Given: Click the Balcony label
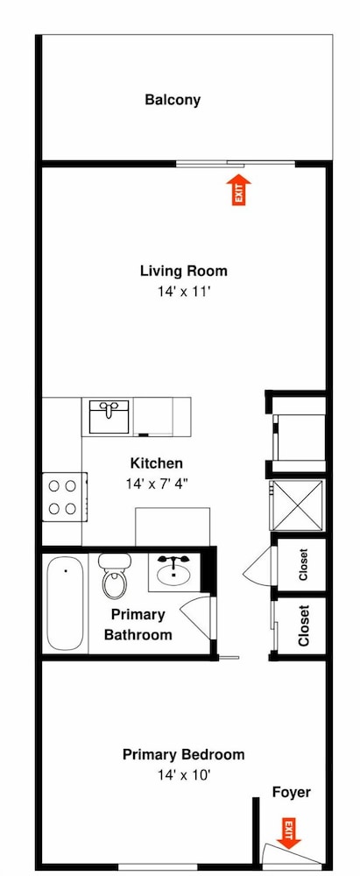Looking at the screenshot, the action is (173, 100).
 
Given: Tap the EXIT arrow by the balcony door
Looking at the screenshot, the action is (239, 190).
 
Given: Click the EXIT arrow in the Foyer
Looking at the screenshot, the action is (288, 834).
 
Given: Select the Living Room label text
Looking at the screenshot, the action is (183, 272).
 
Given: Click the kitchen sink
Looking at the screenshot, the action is (109, 416).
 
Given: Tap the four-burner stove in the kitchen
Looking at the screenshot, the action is (65, 497).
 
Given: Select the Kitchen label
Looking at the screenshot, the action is (156, 463).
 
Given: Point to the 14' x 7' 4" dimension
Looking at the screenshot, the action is (156, 483).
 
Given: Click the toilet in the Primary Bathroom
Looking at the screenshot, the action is (115, 576).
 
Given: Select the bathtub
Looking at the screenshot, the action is (66, 604).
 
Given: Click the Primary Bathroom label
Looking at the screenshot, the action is (138, 625).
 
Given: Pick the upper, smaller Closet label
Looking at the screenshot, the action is (304, 564).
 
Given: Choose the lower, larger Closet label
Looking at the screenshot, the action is (304, 625).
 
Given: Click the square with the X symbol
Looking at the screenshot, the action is (296, 505).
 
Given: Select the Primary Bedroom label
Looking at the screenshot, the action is (183, 755).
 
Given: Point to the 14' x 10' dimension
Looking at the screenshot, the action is (183, 774).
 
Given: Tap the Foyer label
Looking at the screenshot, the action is (292, 792).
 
